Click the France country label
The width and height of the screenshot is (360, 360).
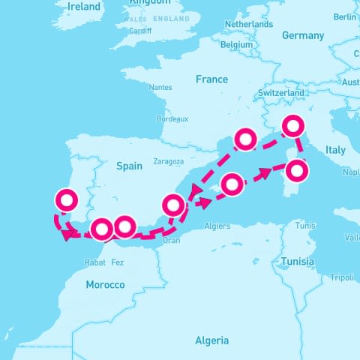211,79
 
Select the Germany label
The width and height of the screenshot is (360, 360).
303,35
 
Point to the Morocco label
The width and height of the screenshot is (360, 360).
105,284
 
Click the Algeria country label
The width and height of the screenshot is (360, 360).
211,340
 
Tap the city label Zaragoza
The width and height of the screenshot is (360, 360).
168,161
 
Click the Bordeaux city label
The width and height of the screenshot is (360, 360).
172,119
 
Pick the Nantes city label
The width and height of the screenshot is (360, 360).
160,87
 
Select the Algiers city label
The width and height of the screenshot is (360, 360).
217,225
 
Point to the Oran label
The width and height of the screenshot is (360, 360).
172,240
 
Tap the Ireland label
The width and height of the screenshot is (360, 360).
83,6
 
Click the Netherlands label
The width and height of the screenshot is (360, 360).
248,24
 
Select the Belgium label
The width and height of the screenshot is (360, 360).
237,44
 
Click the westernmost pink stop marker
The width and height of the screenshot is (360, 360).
67,199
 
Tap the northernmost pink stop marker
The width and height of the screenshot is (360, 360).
292,124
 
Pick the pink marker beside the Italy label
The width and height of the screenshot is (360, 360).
298,171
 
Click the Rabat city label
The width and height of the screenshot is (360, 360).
94,262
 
